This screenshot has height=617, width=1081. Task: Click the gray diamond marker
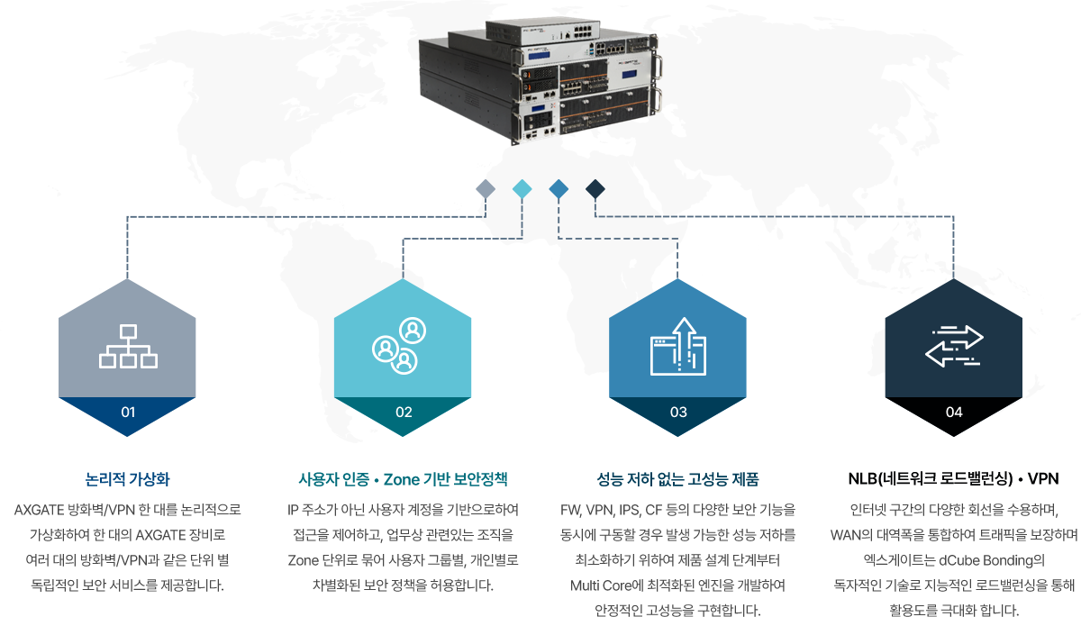tap(486, 188)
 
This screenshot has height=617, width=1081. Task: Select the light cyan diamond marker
tap(522, 188)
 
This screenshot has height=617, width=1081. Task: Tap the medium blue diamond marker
tap(559, 188)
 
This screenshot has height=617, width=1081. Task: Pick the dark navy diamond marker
tap(595, 188)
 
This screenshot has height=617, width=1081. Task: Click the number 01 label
tap(128, 413)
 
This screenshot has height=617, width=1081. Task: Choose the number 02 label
tap(403, 413)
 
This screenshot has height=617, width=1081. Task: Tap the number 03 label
tap(678, 413)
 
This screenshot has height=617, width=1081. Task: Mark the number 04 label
tap(954, 413)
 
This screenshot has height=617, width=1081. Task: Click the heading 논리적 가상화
tap(128, 478)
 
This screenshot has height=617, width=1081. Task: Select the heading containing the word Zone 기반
tap(403, 478)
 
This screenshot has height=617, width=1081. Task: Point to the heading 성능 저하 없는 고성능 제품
tap(678, 478)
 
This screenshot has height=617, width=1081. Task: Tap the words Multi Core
tap(604, 586)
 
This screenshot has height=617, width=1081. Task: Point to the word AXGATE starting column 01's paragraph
tap(41, 511)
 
